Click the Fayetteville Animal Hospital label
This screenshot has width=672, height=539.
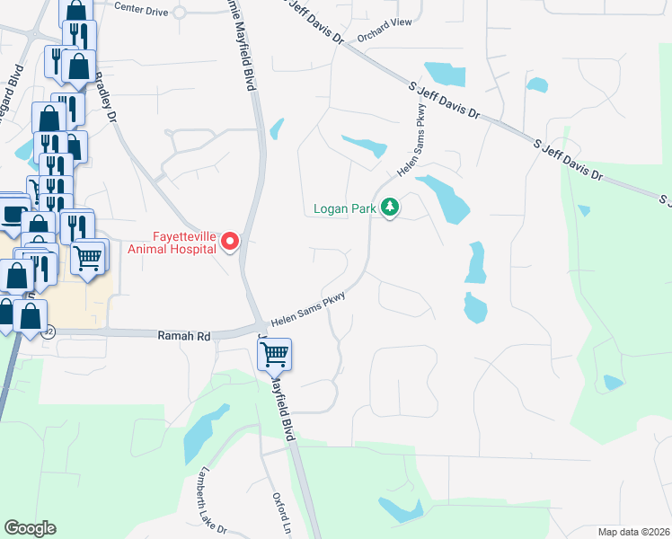coord(172,242)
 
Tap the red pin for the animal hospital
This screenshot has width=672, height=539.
coord(230,241)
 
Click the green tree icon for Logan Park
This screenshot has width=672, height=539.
coord(389,208)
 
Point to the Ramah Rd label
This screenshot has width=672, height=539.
coord(183,335)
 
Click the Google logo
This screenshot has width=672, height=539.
coord(30,528)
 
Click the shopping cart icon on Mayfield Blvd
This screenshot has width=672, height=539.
coord(275,353)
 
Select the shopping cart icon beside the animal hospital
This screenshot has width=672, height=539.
coord(88,258)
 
